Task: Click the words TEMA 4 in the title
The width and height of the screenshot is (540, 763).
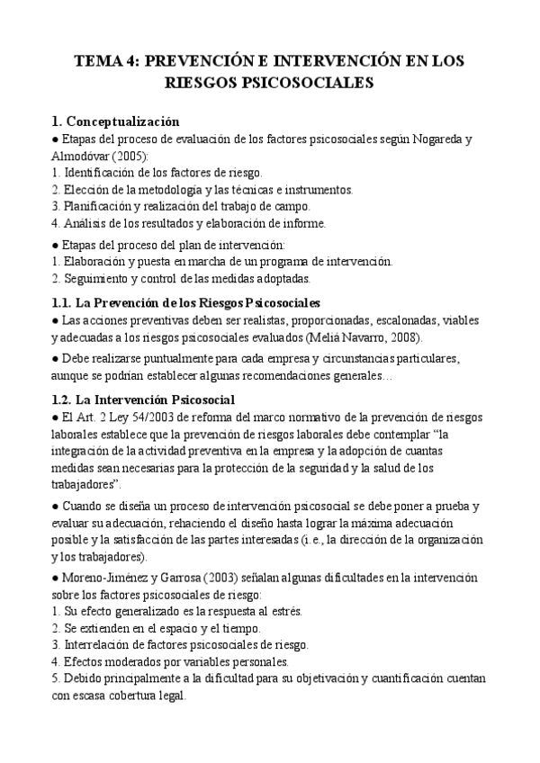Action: point(105,61)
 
